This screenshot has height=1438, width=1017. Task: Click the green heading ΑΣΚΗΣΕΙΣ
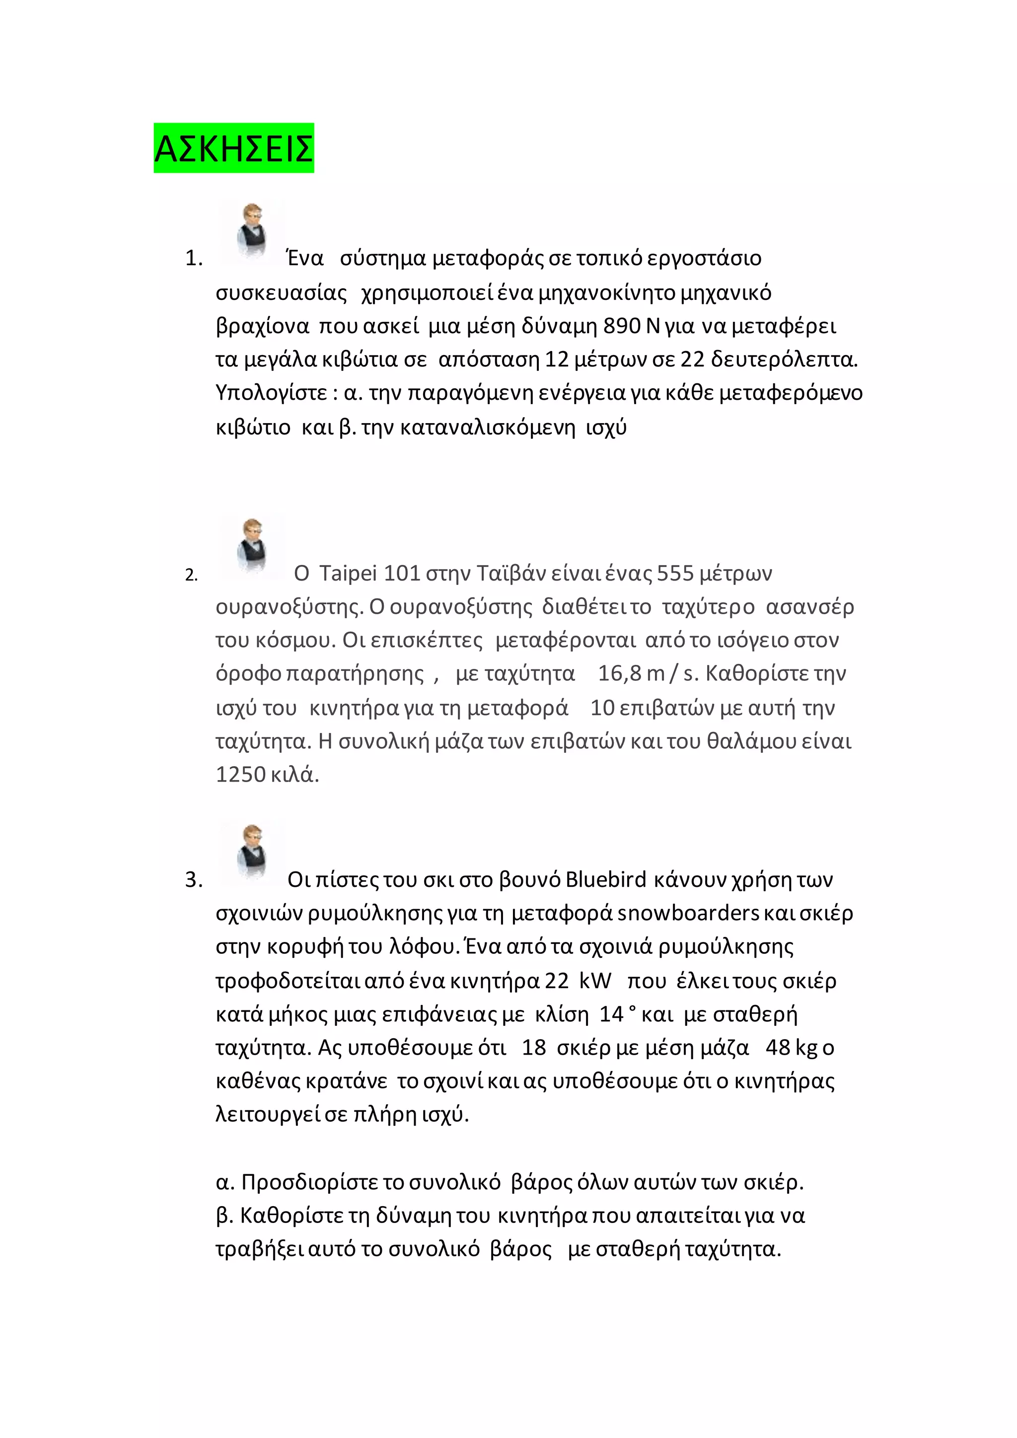[x=233, y=148]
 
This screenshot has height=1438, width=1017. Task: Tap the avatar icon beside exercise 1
[x=252, y=232]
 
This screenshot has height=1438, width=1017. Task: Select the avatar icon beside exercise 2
[x=252, y=546]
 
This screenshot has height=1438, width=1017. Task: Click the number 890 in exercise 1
[x=622, y=326]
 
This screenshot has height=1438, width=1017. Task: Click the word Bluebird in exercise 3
[x=605, y=880]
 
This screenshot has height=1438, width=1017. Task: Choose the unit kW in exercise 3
[x=595, y=980]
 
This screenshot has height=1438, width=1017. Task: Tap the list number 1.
[x=194, y=259]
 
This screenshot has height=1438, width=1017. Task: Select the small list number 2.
[x=191, y=575]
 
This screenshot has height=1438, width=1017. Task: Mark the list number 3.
[x=194, y=880]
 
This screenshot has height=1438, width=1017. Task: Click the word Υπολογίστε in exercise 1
[x=271, y=393]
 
